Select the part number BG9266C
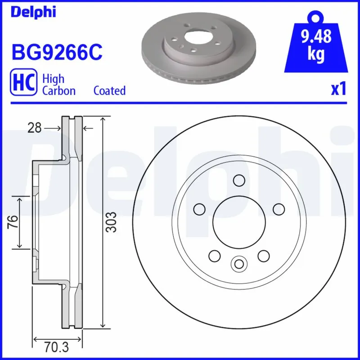[x=56, y=52]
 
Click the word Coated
[x=109, y=90]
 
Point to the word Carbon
[x=58, y=90]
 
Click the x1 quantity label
[x=338, y=89]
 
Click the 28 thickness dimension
[x=34, y=128]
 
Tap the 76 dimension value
[x=13, y=222]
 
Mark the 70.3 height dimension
[x=56, y=347]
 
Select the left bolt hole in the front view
[x=198, y=209]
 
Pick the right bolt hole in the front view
[x=279, y=209]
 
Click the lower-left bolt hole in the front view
[x=214, y=256]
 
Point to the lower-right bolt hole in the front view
[x=264, y=256]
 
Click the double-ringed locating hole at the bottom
[x=239, y=263]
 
